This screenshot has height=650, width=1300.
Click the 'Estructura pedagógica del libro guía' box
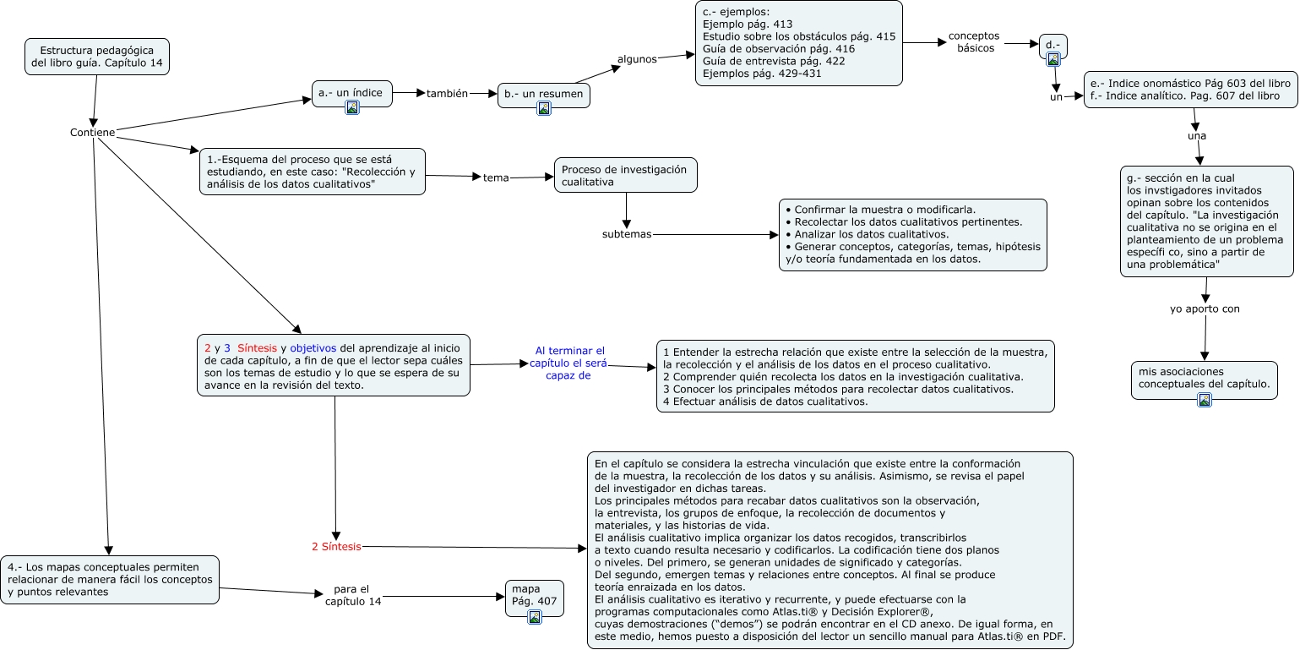pos(96,57)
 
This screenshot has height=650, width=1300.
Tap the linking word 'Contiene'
pos(92,133)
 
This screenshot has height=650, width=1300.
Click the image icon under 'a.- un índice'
pos(352,107)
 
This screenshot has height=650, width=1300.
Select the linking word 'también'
pos(447,94)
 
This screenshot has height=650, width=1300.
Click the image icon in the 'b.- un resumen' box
pos(544,108)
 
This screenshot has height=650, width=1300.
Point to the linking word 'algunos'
pos(637,59)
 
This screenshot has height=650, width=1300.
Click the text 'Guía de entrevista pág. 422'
pos(774,61)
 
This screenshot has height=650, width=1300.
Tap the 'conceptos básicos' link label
pos(974,42)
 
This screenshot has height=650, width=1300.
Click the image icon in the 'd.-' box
pos(1053,59)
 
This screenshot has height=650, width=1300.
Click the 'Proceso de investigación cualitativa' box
pos(625,175)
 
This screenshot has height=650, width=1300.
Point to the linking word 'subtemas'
pos(627,234)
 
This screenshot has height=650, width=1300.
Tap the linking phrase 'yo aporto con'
pos(1205,309)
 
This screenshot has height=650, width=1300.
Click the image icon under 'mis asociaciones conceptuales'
pos(1205,401)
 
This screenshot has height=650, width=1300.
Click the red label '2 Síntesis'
pos(336,547)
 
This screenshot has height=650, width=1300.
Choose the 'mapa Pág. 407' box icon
pos(534,618)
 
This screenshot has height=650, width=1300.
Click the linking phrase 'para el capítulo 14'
pos(352,595)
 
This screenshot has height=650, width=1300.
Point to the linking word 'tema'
pos(496,178)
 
